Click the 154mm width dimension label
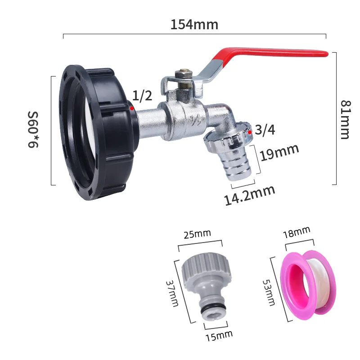[194, 25]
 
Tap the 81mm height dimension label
[344, 119]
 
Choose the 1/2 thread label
[142, 95]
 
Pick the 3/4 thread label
[265, 130]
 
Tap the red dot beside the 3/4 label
[250, 132]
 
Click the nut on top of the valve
[183, 74]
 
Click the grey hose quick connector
[207, 288]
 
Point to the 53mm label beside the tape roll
[269, 292]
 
